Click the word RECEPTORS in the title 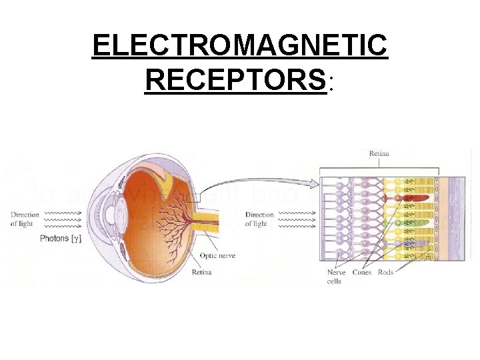(x=235, y=80)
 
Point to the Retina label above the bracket (x=380, y=153)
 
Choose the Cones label (x=362, y=273)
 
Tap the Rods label (x=386, y=273)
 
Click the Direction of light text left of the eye (x=25, y=219)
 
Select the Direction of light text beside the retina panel (x=259, y=219)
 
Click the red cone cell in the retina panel (x=415, y=198)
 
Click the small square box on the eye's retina (x=194, y=197)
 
